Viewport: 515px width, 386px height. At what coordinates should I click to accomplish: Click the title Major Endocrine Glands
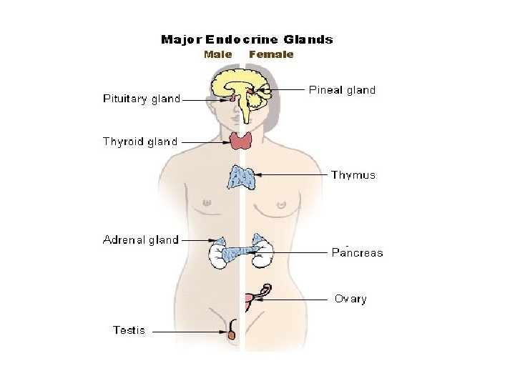click(247, 40)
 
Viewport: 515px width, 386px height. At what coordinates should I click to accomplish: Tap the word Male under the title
click(217, 54)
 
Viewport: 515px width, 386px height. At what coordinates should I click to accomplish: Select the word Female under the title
click(271, 54)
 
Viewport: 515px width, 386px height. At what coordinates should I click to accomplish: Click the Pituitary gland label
click(142, 99)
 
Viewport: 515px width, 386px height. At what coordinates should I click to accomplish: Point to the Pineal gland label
click(342, 90)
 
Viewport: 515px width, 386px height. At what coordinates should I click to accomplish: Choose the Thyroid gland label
click(140, 142)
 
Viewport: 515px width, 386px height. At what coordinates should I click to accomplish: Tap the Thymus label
click(353, 175)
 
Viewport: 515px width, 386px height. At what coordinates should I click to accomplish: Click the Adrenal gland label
click(141, 240)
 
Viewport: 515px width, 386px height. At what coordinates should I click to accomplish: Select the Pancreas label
click(357, 253)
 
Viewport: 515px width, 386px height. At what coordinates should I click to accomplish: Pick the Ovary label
click(350, 299)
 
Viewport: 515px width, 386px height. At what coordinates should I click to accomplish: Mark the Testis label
click(129, 330)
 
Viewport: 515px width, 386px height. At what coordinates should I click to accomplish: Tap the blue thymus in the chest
click(242, 177)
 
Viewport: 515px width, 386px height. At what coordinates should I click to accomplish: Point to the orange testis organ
click(232, 333)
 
